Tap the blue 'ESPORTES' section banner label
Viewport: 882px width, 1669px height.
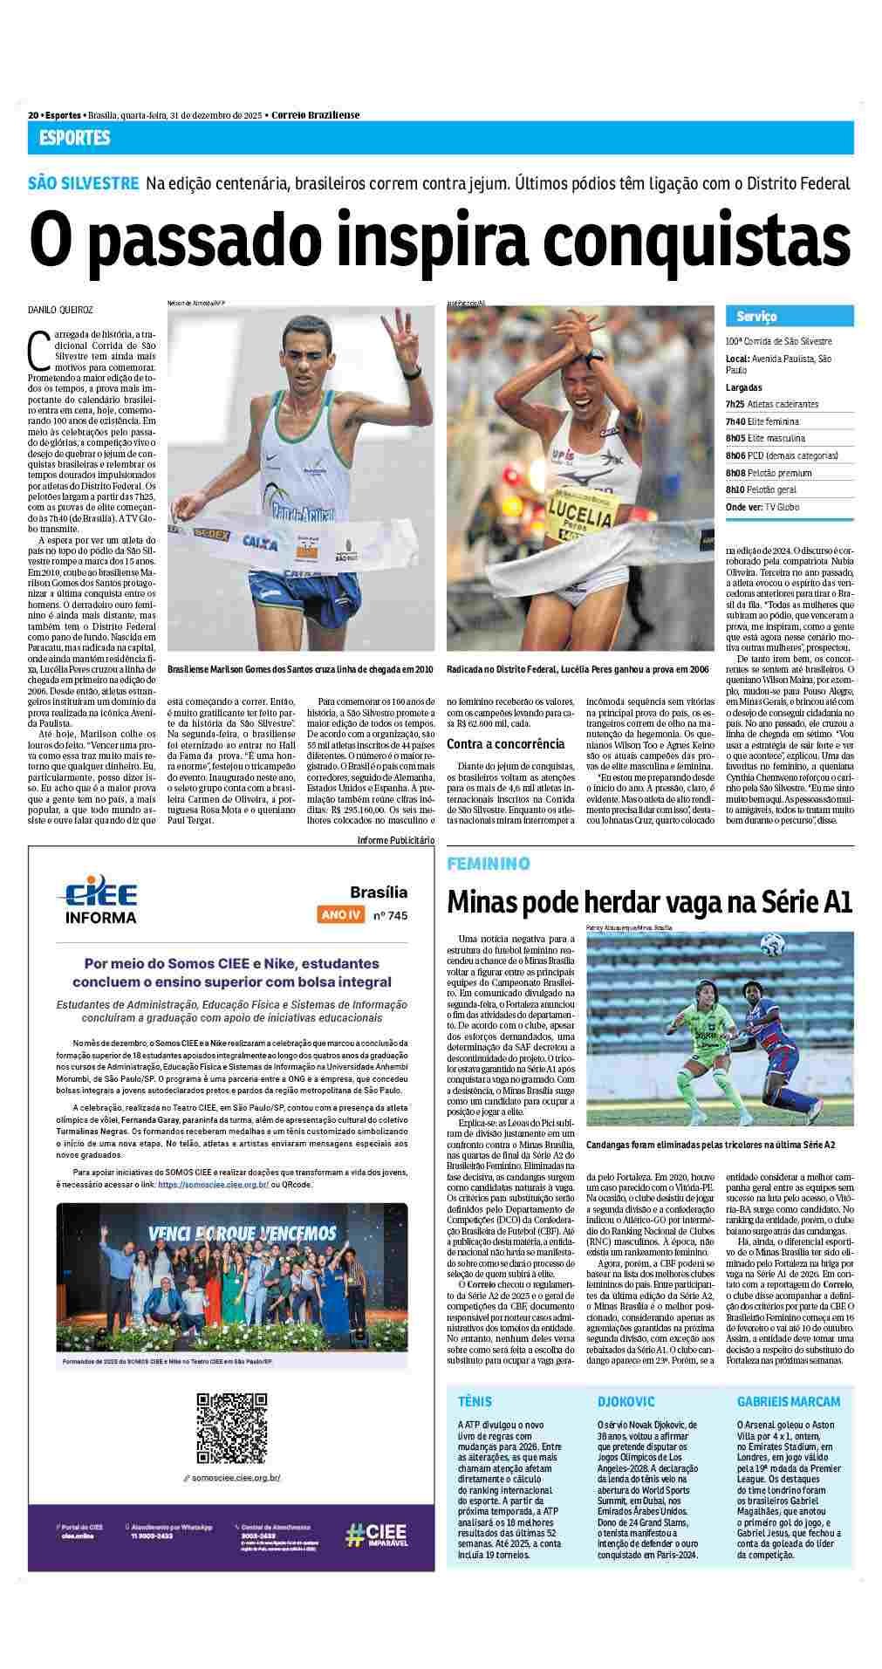tap(74, 138)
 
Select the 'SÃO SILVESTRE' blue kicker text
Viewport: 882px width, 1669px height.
tap(83, 183)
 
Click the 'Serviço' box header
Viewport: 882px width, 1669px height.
tap(756, 316)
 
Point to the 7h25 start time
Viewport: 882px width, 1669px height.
tap(735, 405)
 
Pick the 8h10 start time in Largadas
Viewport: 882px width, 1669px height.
tap(735, 489)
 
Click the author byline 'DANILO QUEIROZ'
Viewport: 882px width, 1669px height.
tap(61, 310)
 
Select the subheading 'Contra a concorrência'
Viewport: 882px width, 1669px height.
tap(505, 744)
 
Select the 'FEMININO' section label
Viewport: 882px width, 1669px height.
tap(489, 864)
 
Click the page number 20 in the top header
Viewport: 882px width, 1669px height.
tap(33, 115)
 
